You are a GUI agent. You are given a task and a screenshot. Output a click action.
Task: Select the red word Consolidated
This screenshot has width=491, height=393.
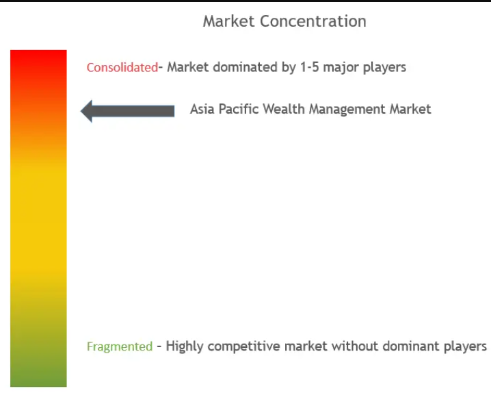point(122,67)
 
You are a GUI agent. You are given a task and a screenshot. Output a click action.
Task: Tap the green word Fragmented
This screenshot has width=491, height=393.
point(120,346)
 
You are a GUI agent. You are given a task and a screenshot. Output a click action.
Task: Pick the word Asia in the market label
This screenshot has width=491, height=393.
point(202,109)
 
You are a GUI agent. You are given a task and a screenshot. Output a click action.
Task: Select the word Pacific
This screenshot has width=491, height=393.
point(239,109)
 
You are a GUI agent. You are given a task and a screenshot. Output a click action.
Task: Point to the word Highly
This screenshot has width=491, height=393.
point(185,346)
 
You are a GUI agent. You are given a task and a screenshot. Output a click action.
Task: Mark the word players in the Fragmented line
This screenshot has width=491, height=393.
point(464,346)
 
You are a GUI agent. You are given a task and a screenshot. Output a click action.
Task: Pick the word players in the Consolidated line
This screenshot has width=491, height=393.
point(386,67)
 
